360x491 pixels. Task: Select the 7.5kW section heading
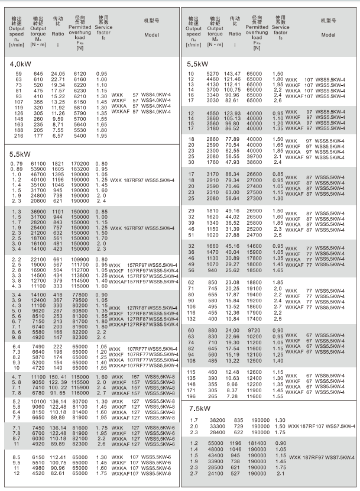point(199,409)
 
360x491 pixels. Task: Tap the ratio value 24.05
point(58,73)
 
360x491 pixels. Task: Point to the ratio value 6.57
point(58,135)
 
